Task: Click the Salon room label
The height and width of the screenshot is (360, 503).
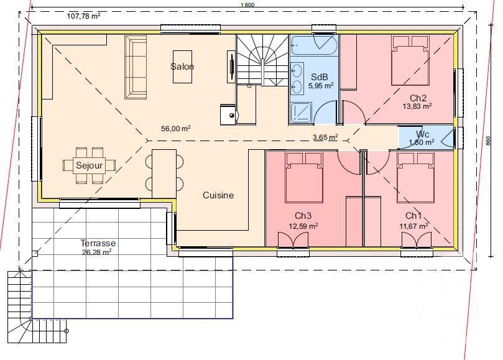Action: (x=182, y=67)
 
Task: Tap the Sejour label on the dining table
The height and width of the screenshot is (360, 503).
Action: (x=88, y=165)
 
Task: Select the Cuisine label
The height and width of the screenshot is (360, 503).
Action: (x=218, y=195)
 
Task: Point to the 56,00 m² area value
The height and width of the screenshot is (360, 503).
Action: (x=175, y=129)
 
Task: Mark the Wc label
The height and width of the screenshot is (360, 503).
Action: (x=423, y=134)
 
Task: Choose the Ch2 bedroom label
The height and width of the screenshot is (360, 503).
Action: (x=418, y=98)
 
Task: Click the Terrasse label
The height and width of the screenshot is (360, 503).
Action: (x=98, y=243)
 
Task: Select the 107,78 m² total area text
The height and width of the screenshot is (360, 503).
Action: (x=83, y=16)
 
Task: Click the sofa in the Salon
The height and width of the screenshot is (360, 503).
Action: (x=136, y=67)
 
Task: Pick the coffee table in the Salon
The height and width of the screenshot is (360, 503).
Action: (x=182, y=67)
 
